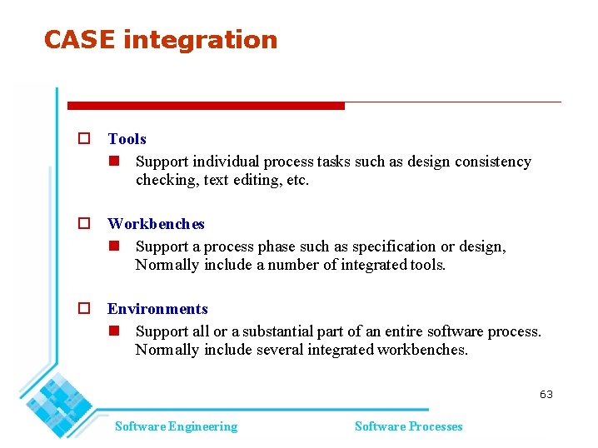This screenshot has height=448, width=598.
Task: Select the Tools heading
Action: tap(127, 139)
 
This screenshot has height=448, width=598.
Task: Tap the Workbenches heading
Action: tap(156, 224)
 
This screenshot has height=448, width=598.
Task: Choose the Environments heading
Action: tap(157, 309)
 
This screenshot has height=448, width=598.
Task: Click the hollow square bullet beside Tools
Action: tap(83, 140)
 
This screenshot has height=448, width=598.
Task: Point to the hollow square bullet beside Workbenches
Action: tap(83, 224)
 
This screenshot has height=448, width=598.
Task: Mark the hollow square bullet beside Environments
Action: tap(83, 309)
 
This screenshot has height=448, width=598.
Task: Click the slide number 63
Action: tap(546, 395)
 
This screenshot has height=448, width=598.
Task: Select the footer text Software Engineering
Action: tap(176, 426)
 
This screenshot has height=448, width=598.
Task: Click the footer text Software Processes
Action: tap(408, 426)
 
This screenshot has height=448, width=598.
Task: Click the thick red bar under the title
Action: tap(206, 106)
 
